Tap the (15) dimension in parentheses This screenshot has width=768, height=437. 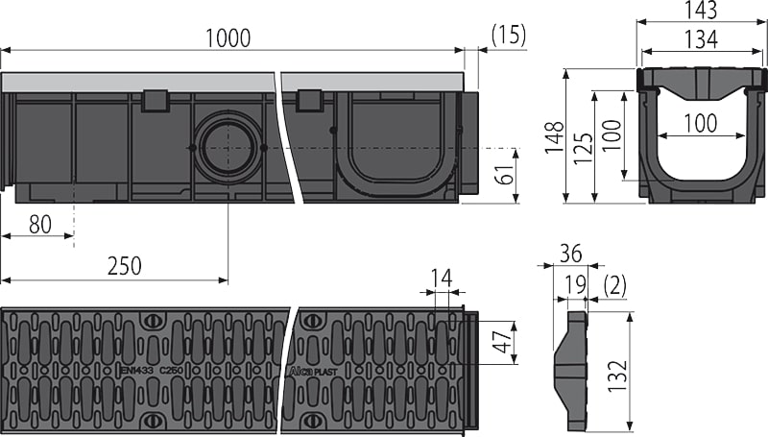508,37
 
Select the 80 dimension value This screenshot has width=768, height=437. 39,225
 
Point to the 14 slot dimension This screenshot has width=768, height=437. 441,279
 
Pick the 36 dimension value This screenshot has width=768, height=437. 570,254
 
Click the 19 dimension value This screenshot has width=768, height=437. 575,285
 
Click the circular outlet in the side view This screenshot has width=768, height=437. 228,147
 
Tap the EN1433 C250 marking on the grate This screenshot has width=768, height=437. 151,368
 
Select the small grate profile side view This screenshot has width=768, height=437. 574,370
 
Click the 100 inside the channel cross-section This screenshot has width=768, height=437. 700,123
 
